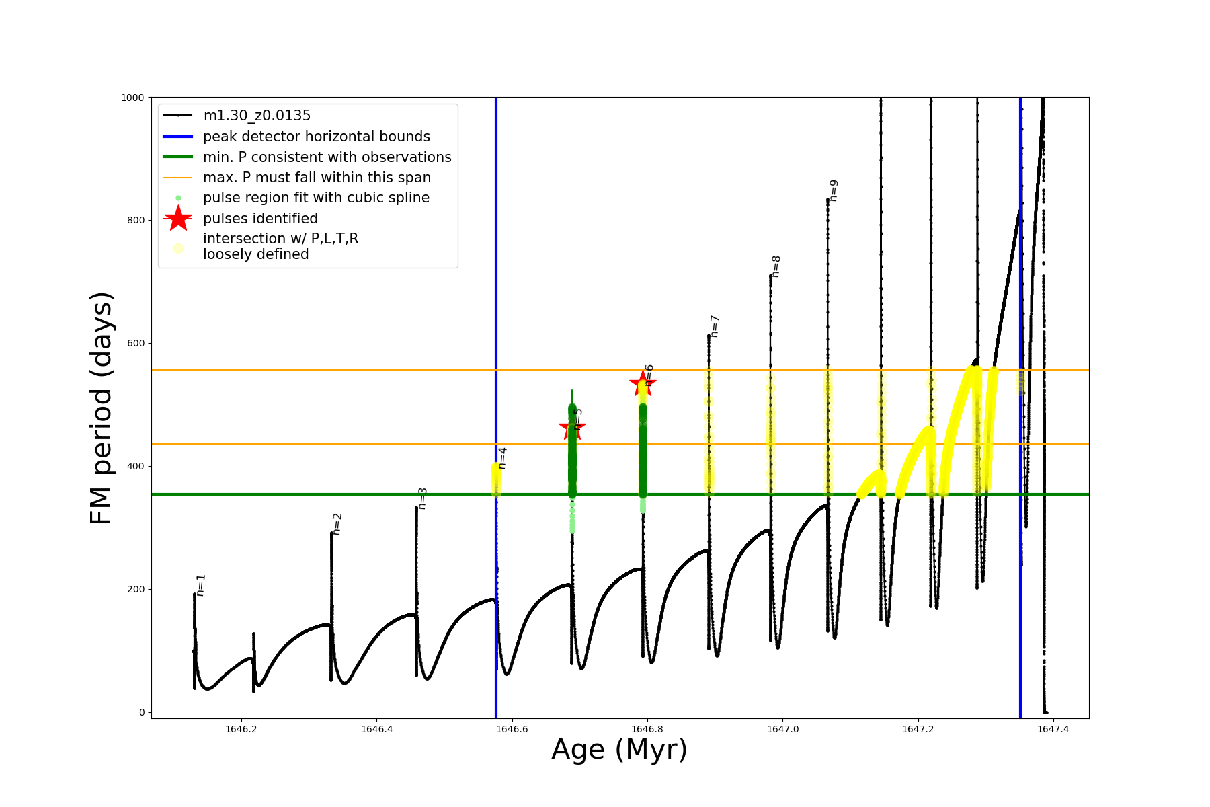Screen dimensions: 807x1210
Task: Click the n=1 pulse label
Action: [201, 585]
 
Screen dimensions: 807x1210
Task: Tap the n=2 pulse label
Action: [337, 524]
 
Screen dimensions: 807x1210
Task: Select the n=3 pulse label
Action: [422, 498]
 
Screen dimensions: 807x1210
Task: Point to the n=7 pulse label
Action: [715, 326]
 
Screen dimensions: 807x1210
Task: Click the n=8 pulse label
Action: [776, 266]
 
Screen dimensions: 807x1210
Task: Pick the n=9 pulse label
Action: [834, 190]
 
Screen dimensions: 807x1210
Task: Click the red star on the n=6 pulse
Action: [643, 384]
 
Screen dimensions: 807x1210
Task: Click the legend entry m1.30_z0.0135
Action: [257, 116]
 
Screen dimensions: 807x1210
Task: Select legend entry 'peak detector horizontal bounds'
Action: [316, 137]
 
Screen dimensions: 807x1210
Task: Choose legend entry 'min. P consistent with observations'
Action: [327, 157]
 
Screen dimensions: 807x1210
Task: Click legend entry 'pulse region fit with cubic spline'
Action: [316, 198]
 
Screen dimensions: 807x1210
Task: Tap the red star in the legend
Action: [178, 219]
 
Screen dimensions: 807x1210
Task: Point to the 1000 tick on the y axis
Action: [132, 98]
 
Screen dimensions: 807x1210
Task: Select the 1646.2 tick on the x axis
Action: [241, 729]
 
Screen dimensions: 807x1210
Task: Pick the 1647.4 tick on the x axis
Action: [1053, 729]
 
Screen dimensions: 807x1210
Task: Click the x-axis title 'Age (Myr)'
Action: [619, 750]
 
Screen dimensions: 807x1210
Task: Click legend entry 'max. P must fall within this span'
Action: [317, 178]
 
